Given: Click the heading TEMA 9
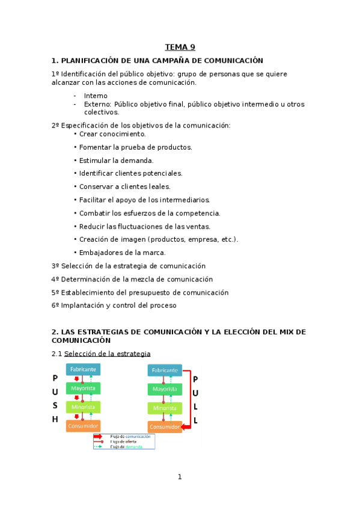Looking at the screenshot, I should tap(180, 48).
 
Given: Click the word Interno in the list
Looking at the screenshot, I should tap(96, 96).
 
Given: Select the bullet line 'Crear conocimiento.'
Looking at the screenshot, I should tap(112, 134).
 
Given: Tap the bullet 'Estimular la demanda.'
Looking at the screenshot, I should tap(116, 161).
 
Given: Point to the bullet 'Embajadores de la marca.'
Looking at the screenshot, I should tap(122, 253).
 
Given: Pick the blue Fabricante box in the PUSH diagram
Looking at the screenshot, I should tap(83, 369).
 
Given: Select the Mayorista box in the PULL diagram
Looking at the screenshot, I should tap(164, 389).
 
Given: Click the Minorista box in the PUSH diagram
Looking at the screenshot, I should tap(83, 407).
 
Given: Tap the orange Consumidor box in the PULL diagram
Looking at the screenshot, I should tap(164, 427).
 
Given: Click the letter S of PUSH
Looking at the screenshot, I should tap(55, 405).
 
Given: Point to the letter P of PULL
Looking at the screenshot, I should tap(195, 379).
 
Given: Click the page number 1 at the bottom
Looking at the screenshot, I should tap(179, 477).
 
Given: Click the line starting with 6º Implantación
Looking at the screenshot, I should tap(114, 306).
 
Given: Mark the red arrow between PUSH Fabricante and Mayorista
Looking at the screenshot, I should tap(77, 379).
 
